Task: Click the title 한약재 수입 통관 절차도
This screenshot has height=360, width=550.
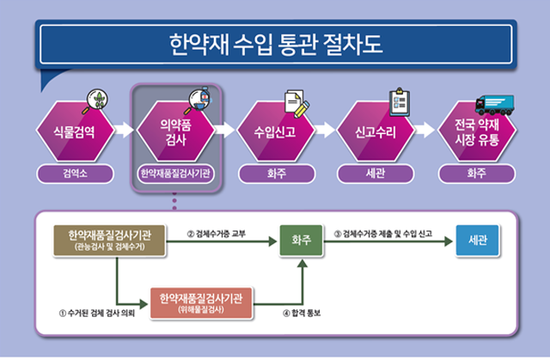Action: coord(276,44)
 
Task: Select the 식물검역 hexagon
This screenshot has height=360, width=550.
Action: coord(75,131)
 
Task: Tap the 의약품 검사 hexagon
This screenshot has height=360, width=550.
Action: coord(175,131)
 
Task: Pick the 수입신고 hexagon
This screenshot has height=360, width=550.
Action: coord(276,131)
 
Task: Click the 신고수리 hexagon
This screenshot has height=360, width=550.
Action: coord(376,131)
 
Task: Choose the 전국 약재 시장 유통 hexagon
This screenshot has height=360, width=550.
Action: coord(477,131)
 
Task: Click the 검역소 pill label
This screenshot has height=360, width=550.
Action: coord(75,174)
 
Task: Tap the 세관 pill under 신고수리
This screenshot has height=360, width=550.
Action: coord(376,174)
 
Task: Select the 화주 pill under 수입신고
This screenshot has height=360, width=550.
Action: coord(277,174)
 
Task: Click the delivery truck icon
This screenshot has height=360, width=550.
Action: coord(495,105)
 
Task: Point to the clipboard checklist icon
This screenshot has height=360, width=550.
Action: coord(400,102)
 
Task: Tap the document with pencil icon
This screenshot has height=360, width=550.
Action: coord(296,104)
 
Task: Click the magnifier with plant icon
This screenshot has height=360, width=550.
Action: coord(95,101)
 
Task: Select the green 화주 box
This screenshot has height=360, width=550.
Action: coord(302,241)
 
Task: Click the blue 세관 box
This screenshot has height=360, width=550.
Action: coord(478,241)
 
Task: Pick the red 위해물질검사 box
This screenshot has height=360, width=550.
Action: coord(201,303)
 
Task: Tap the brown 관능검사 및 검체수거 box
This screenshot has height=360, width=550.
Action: coord(109,241)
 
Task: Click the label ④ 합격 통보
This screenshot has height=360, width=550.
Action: coord(302,313)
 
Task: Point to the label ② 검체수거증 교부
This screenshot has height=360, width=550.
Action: coord(217,234)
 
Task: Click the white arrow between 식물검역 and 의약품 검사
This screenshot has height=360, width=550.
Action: coord(124,130)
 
